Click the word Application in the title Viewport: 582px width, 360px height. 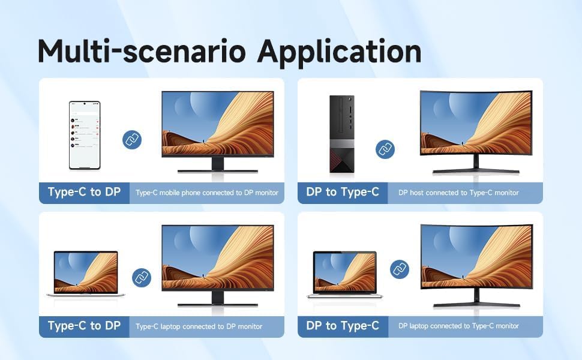339,52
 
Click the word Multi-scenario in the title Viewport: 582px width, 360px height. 142,52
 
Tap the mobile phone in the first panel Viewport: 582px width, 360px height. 85,135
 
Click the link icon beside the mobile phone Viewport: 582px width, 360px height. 132,140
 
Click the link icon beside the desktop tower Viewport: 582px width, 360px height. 385,149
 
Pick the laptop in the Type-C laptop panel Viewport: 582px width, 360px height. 86,273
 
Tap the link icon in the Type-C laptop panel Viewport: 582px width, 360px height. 141,278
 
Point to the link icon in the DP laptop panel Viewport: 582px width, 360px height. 400,269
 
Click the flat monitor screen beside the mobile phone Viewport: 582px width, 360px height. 218,124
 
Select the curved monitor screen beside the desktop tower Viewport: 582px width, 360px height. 476,122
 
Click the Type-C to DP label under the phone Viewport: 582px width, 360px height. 84,193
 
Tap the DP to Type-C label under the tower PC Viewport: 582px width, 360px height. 343,193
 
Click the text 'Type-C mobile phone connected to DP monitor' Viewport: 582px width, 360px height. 207,193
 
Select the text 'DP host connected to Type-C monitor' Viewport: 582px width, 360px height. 458,193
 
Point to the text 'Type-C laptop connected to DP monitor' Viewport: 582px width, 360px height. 199,326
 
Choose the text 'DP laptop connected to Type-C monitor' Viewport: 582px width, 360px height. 458,326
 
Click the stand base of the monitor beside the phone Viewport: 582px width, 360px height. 218,171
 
